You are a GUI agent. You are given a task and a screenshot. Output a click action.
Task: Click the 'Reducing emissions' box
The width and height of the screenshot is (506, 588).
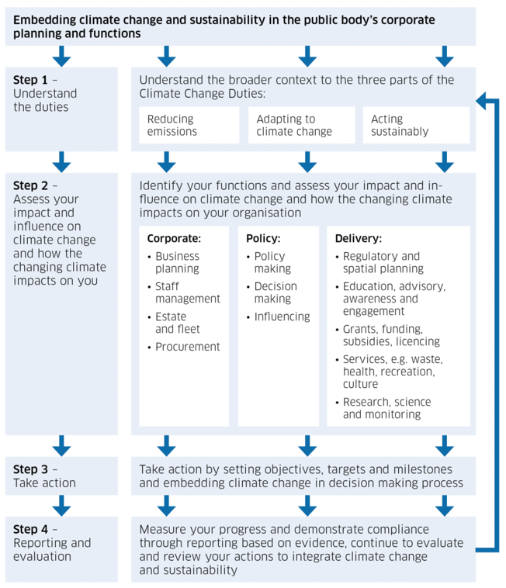tap(189, 125)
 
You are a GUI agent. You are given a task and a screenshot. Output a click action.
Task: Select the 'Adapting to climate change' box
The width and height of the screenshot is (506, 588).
tap(302, 125)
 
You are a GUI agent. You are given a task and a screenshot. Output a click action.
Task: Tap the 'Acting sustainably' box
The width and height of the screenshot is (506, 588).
tap(416, 125)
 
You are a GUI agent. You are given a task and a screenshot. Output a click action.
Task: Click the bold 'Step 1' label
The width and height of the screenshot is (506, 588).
tap(30, 80)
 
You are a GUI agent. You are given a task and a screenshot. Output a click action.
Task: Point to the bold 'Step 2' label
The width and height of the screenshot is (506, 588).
tap(30, 185)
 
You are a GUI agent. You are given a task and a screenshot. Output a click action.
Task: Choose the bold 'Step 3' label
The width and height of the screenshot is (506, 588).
tap(30, 469)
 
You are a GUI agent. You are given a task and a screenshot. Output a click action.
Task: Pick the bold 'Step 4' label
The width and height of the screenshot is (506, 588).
tap(30, 529)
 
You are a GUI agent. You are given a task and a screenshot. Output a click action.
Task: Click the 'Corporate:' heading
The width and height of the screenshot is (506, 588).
tap(174, 238)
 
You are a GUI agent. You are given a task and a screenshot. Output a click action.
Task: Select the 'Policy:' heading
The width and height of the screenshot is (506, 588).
tap(263, 238)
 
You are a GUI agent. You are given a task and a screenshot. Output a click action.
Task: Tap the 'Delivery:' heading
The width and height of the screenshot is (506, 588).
tap(359, 238)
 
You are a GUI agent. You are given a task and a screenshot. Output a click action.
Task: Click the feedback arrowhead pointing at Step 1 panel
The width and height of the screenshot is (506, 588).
tap(481, 101)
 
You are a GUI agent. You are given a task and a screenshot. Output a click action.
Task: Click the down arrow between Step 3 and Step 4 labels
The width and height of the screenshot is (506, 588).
tap(61, 506)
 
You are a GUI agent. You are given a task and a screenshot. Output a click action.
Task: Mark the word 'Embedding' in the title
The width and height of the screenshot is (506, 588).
tap(44, 20)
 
